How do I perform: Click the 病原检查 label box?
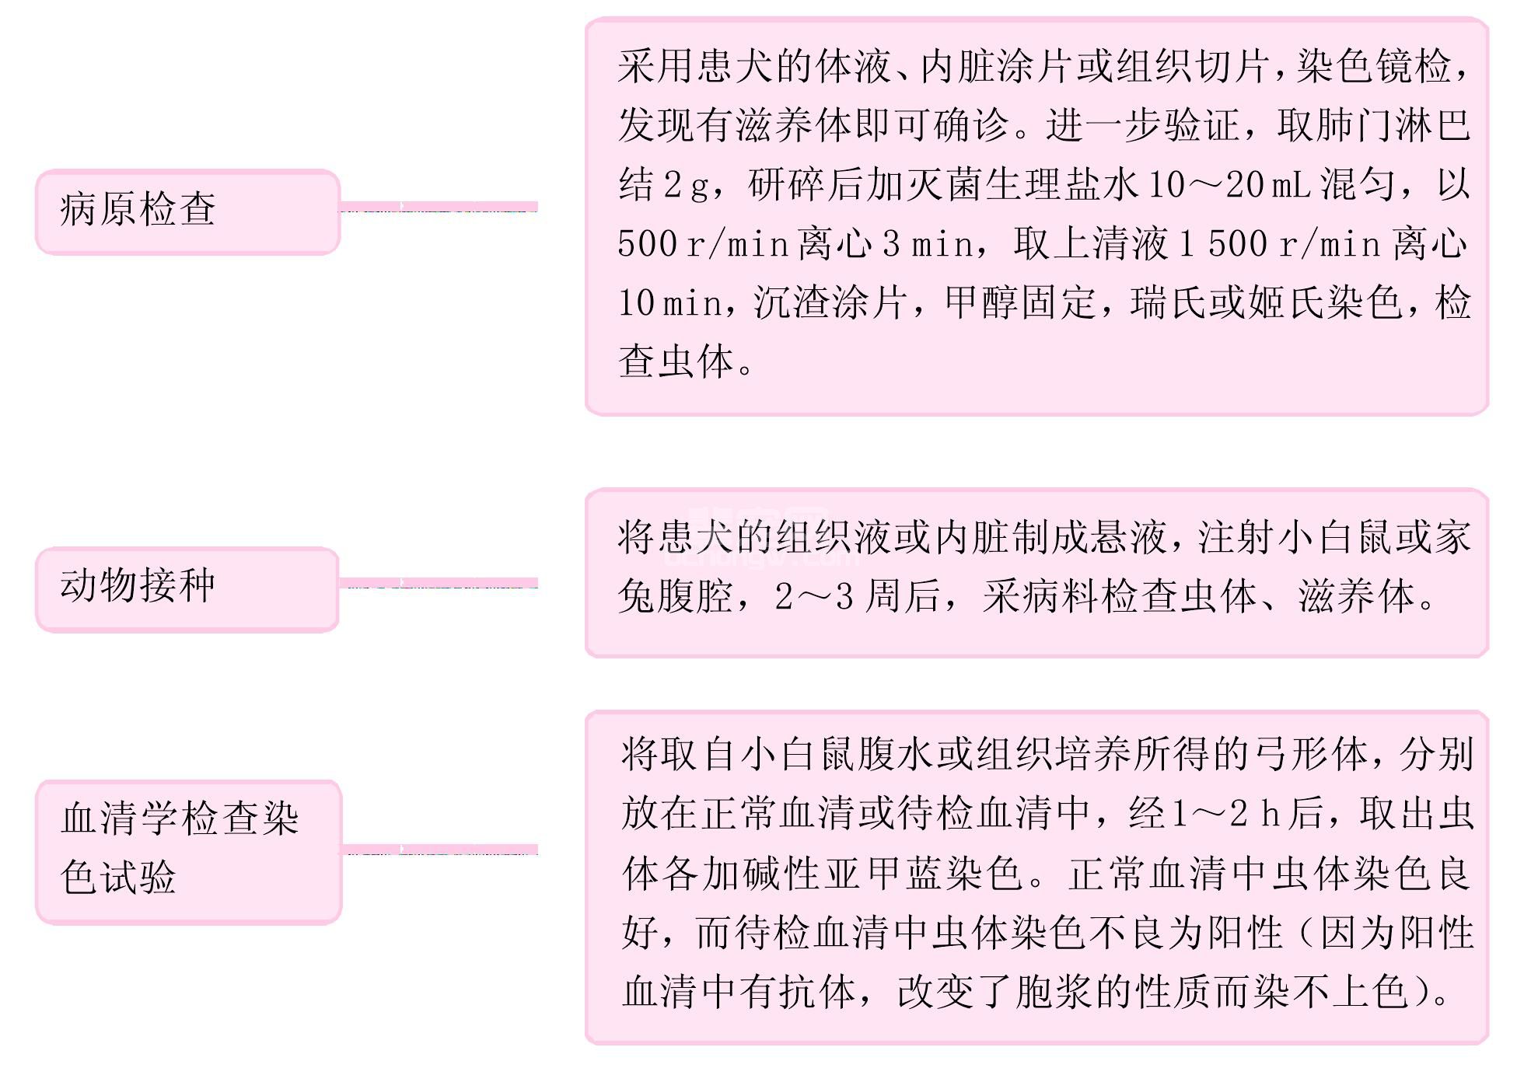[188, 211]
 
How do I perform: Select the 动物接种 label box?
[187, 589]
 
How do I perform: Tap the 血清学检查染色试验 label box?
[189, 852]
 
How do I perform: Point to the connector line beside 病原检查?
[439, 207]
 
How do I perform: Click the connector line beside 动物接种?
[439, 583]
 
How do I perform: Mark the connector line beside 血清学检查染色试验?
[440, 850]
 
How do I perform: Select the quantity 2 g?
[685, 185]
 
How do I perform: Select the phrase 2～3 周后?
[858, 597]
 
